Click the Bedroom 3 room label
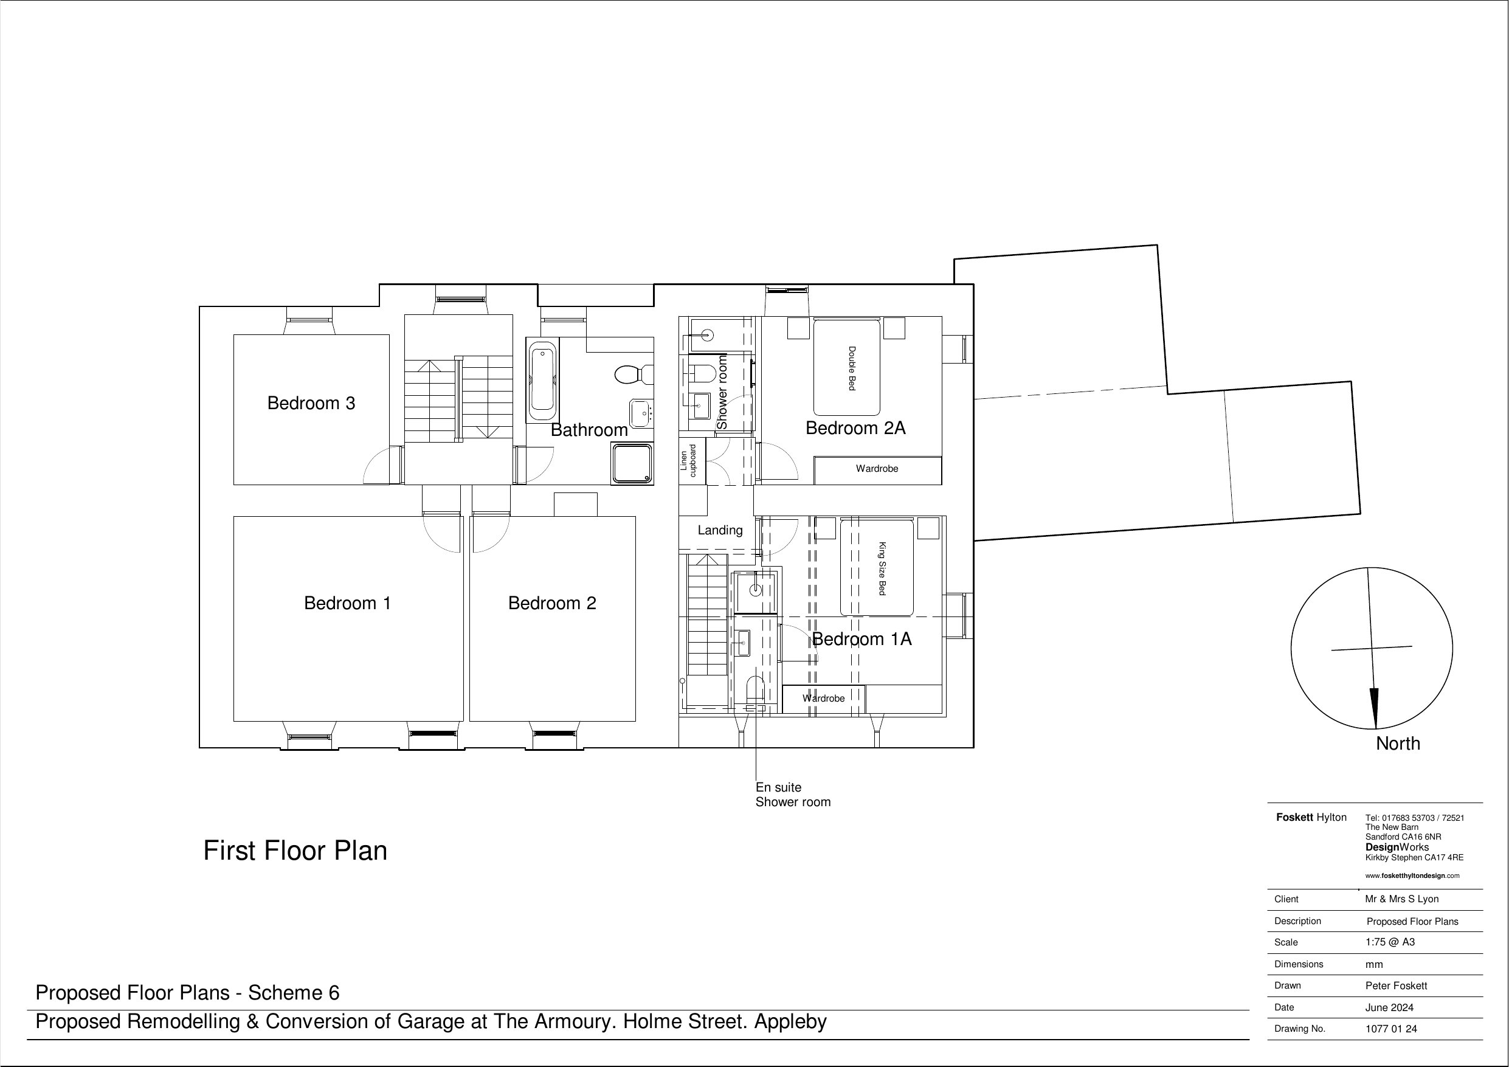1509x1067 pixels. point(311,403)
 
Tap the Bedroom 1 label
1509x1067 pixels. point(347,603)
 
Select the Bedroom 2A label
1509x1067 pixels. point(855,428)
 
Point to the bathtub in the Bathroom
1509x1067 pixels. point(542,381)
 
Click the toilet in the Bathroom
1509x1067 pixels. point(633,375)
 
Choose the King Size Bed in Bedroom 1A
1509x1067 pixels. point(877,568)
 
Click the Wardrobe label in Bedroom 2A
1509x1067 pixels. point(877,469)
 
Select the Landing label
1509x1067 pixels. point(720,530)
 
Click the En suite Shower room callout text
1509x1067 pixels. point(793,794)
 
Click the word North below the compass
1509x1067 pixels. point(1398,744)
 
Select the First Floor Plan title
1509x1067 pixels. point(295,851)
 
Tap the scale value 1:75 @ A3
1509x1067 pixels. point(1390,942)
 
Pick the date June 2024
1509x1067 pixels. point(1389,1007)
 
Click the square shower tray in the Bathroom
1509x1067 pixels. point(632,463)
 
